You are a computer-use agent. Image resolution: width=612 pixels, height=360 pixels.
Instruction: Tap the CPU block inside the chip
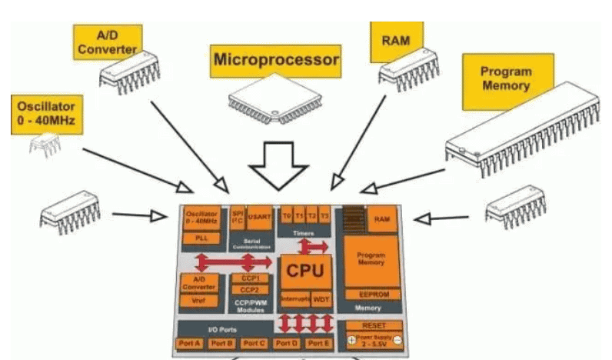coord(304,271)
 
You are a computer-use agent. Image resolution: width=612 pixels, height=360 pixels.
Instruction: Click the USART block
coord(259,218)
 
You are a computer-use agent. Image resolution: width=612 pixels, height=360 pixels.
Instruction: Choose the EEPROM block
coord(370,295)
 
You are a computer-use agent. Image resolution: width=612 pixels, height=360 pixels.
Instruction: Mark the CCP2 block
coord(250,289)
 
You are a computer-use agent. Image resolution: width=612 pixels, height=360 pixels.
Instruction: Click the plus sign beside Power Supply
coord(351,340)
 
